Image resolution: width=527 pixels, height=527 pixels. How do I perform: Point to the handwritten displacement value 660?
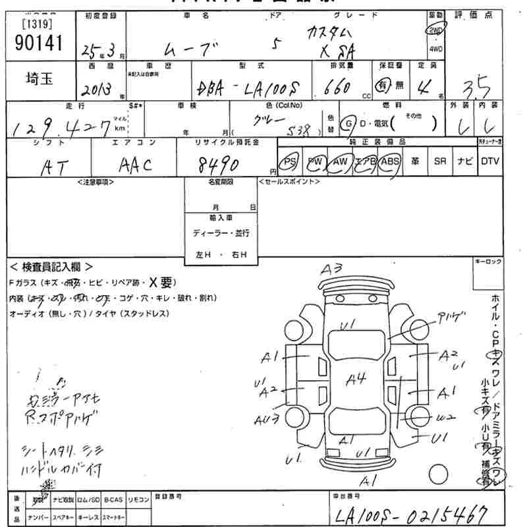point(337,88)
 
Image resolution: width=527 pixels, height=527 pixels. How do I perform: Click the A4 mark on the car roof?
point(356,379)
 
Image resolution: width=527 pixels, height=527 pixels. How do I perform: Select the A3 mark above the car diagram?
point(332,269)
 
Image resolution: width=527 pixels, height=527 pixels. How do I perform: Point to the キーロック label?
point(488,262)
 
